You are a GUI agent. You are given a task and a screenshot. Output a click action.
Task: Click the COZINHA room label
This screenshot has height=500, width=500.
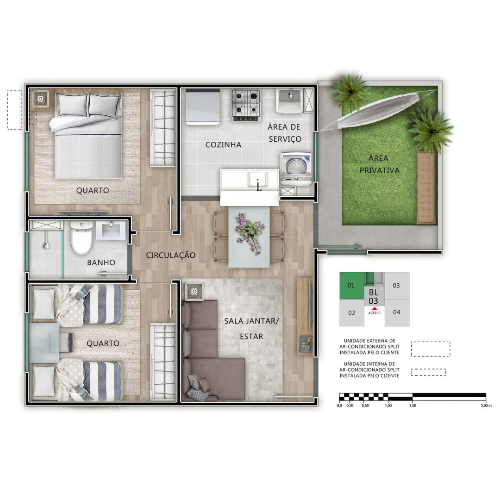223,145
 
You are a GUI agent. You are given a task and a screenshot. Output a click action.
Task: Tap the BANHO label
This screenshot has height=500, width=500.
101,262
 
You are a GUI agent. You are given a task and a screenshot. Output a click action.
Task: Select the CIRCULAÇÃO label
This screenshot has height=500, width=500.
170,255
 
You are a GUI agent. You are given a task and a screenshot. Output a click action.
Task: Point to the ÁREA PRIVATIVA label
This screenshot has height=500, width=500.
379,164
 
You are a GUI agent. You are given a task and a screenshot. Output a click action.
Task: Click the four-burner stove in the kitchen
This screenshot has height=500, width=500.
245,105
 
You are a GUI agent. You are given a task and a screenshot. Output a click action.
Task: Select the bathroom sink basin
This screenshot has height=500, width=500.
111,230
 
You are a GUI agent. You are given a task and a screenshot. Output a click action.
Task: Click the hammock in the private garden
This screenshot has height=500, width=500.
378,110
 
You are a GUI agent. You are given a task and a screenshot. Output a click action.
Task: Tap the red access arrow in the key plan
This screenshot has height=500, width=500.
375,308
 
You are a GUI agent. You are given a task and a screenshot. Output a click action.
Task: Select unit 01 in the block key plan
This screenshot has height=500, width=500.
351,285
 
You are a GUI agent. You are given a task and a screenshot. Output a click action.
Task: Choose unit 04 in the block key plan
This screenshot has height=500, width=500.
397,312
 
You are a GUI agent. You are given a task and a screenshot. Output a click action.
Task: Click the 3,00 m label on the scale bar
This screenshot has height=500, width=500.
486,406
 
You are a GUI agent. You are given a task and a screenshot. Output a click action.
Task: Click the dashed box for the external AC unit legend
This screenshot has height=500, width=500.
431,349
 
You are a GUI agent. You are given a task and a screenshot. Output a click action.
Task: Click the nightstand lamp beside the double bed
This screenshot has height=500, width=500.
40,99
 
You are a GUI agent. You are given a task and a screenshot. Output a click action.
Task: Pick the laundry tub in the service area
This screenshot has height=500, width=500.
290,100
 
